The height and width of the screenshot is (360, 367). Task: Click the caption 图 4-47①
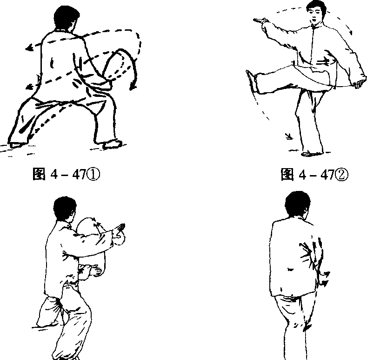tap(66, 174)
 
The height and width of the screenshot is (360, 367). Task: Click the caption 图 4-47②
tap(314, 174)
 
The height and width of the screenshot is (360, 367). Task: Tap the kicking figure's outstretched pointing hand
tap(260, 20)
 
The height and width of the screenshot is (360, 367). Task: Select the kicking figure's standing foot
tap(311, 154)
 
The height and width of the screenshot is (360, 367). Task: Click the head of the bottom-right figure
tap(298, 204)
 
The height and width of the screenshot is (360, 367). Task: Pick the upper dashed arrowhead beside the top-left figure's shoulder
tap(29, 48)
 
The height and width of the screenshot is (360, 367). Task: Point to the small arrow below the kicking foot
tap(289, 136)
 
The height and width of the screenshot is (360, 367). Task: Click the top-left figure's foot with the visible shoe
tap(113, 144)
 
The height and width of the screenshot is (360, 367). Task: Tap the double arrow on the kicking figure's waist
tap(323, 62)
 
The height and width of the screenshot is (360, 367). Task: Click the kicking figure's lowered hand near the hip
tap(358, 84)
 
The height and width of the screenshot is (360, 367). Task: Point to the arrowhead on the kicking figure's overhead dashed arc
tap(350, 32)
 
